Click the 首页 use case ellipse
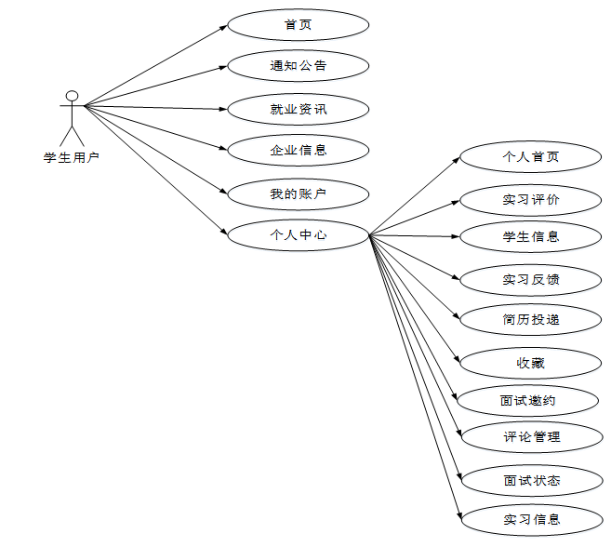pos(298,24)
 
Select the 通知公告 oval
pos(298,66)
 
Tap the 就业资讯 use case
pos(298,109)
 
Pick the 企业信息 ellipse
pos(298,149)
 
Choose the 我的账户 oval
pos(298,193)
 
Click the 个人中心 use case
pos(298,234)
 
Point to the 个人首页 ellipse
pos(531,157)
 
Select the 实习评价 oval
pos(531,199)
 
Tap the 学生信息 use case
pos(531,236)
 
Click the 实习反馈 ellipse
pos(531,279)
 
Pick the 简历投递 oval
pos(531,319)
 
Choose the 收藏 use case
pos(531,363)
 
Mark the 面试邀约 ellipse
pos(528,400)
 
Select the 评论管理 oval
pos(531,436)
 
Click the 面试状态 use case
pos(531,480)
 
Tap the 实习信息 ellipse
pos(531,519)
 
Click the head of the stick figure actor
pos(72,95)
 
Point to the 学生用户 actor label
pos(71,157)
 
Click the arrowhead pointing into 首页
pos(223,27)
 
